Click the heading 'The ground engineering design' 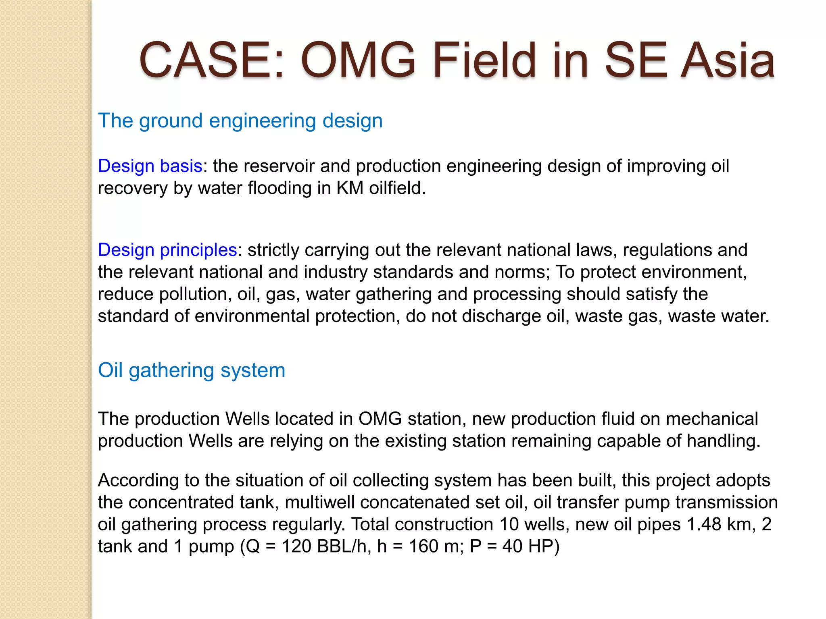(240, 120)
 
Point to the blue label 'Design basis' (150, 166)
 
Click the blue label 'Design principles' (167, 250)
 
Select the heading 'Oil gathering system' (192, 370)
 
